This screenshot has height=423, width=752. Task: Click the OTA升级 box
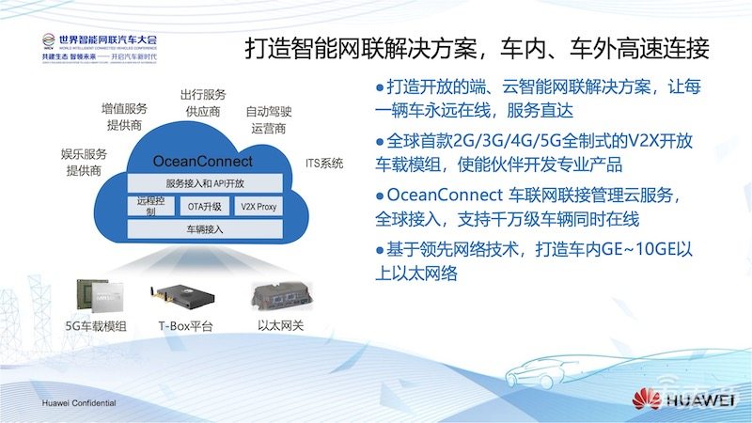tap(204, 206)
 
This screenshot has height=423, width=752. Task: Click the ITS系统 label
tap(324, 163)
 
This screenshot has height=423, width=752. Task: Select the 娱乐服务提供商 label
tap(84, 163)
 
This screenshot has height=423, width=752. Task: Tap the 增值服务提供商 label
tap(123, 117)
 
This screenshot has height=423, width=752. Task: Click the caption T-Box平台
tap(185, 327)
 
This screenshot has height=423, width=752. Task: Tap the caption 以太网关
tap(279, 327)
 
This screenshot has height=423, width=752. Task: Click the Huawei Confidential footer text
tap(78, 402)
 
